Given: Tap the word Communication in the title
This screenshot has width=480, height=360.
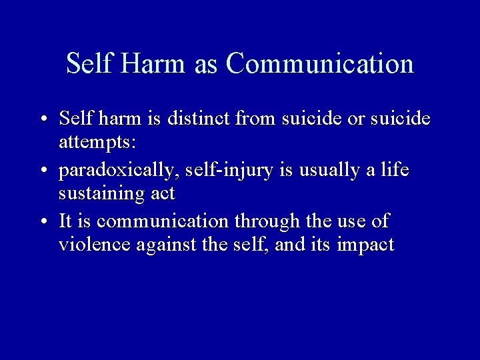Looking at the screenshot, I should [319, 64].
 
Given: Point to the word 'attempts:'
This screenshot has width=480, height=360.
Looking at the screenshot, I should [95, 143].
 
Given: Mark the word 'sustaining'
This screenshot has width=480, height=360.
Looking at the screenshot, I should [99, 194].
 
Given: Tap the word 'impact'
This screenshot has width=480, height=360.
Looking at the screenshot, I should [365, 245].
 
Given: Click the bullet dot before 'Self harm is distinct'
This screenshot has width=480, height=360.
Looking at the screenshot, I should [43, 120].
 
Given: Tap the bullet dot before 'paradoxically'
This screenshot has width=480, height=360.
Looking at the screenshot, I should [43, 171].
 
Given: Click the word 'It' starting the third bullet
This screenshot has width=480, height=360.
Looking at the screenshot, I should [65, 221].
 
